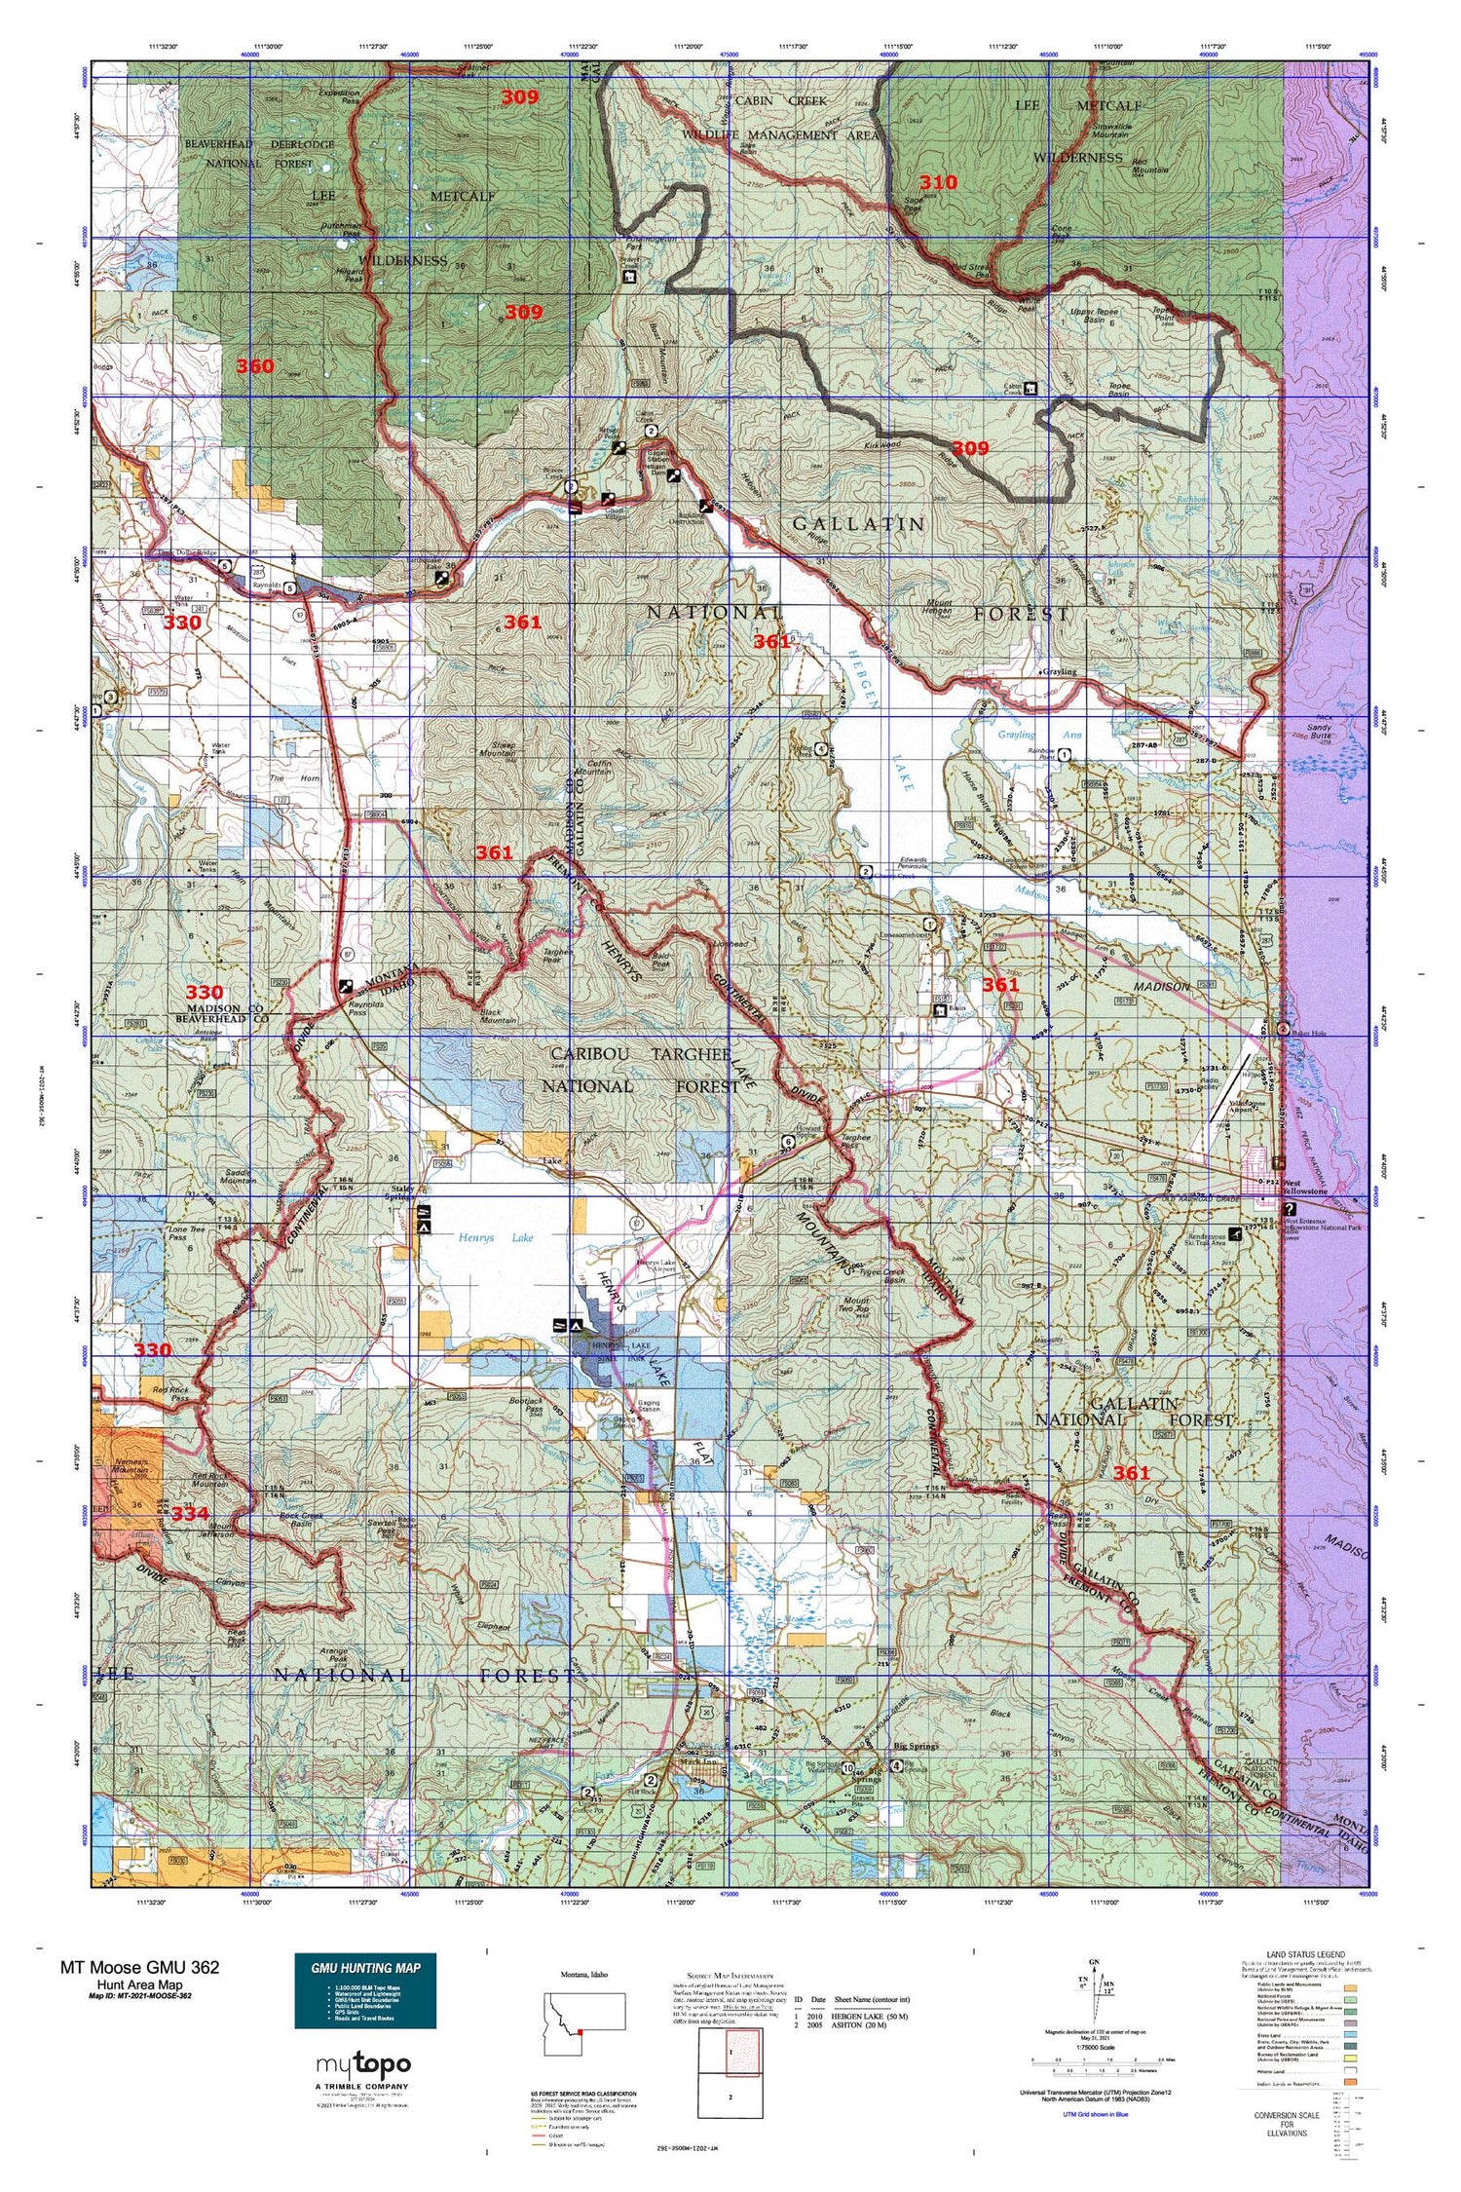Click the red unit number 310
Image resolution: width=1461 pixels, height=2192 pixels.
click(938, 182)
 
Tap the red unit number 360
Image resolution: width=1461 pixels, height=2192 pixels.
click(254, 366)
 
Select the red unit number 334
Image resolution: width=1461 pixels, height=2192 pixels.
click(190, 1514)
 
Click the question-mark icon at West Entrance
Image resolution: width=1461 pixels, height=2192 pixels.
click(1291, 1206)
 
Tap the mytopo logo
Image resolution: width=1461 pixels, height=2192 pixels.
click(363, 2064)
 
